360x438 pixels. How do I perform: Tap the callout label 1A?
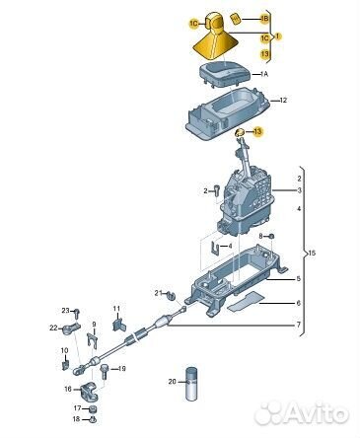click(x=264, y=74)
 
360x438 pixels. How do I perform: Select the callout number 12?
click(x=283, y=100)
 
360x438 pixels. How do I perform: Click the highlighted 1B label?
click(x=264, y=20)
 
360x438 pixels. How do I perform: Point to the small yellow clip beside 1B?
click(x=236, y=19)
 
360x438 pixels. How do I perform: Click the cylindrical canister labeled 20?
click(x=191, y=383)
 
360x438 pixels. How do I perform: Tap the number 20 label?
click(x=173, y=382)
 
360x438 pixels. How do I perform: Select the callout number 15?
click(x=312, y=254)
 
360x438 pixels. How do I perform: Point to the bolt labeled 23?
click(x=77, y=314)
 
